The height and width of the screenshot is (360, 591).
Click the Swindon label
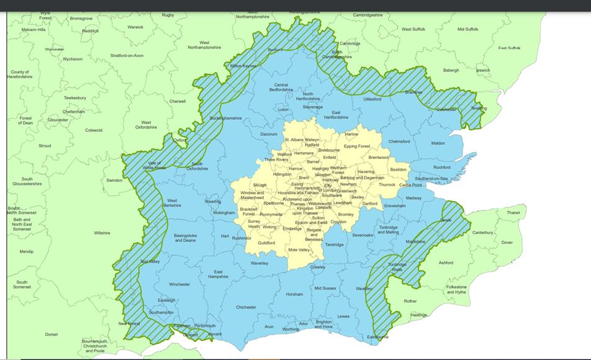coord(114,180)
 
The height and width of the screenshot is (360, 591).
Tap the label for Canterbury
coord(482,233)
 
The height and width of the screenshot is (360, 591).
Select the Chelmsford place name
coord(399,142)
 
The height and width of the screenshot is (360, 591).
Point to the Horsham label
coord(294,294)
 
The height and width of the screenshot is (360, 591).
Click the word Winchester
coord(179,284)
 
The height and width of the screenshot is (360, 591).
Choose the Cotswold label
coord(94,130)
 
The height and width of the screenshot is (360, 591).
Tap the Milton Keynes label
coord(243,66)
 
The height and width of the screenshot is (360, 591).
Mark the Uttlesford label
coord(372,99)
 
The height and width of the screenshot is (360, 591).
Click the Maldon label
coord(438,143)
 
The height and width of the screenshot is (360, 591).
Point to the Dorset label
coord(52,335)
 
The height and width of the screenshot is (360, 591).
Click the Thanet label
coord(513,213)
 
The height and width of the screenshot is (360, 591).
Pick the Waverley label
coord(259,263)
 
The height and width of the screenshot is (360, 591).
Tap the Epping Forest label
coord(357,146)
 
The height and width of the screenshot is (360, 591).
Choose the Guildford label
coord(266,243)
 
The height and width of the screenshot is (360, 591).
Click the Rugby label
coord(168,15)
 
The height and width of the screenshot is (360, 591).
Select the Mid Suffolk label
coord(467,29)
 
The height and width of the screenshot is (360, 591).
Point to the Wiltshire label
coord(102,233)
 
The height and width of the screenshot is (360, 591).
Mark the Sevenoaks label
coord(363,235)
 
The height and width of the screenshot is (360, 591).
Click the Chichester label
coord(246,307)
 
